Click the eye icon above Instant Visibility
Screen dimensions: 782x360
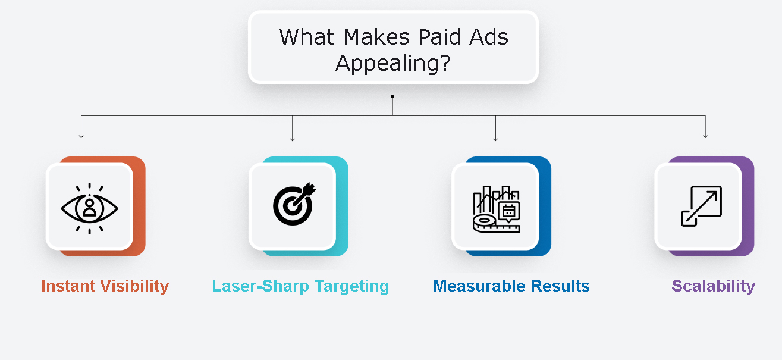[89, 208]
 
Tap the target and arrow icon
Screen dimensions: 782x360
[294, 204]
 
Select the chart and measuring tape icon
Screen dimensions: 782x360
[496, 209]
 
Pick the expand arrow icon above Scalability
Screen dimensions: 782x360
[701, 206]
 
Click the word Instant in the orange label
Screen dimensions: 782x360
[68, 286]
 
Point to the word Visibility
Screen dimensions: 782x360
[135, 287]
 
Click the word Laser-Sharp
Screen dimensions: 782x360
[260, 286]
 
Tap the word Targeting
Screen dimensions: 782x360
[351, 287]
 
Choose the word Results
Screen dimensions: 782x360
[560, 286]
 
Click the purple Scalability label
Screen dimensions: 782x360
[713, 287]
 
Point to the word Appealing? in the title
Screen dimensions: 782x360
[393, 64]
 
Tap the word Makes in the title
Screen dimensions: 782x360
[376, 37]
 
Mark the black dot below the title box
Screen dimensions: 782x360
[392, 96]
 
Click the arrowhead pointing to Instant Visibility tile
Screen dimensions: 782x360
[81, 136]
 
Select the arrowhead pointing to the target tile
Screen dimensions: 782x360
[293, 139]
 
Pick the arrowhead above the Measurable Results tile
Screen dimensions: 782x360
[495, 139]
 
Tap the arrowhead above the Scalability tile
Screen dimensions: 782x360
[705, 136]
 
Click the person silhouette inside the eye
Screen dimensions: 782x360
[89, 208]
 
